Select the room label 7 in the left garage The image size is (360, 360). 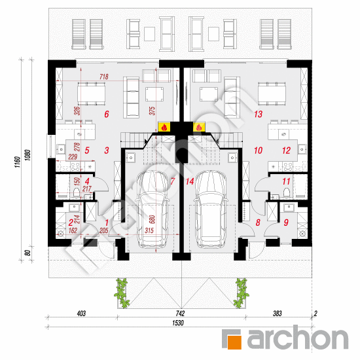(x=172, y=181)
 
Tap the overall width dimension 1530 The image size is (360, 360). (x=179, y=323)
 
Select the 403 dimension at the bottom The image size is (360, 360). (x=82, y=314)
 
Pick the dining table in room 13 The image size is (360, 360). (x=271, y=94)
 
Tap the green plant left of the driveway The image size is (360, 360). (x=122, y=291)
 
